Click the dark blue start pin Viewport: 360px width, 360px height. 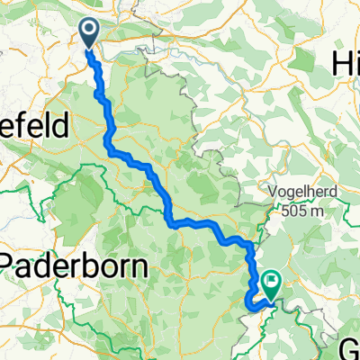pos(91,33)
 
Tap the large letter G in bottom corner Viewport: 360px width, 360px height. pos(351,348)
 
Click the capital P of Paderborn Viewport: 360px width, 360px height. pos(12,267)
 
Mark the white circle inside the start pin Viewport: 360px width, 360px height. pos(91,31)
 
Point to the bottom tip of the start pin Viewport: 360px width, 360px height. pos(91,48)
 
